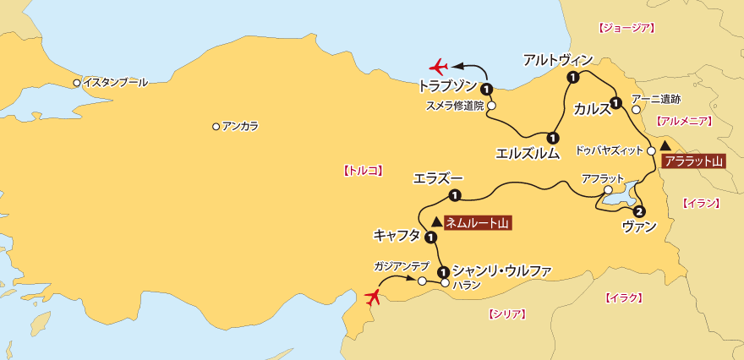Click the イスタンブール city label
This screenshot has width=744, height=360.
pos(114,83)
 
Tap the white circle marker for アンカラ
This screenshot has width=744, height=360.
pos(216,127)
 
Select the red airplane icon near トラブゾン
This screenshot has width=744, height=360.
pos(439,65)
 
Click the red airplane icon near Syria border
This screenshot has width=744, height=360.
pos(372,296)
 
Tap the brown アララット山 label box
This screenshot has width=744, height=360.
pos(692,161)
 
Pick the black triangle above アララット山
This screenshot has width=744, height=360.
pos(666,146)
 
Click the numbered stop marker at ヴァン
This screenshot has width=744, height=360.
pos(639,211)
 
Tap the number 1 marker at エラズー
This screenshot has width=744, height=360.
pos(454,196)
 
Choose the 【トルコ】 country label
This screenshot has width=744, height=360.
pos(363,170)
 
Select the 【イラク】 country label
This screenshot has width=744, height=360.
pos(625,297)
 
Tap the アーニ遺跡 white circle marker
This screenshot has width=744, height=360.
pos(636,109)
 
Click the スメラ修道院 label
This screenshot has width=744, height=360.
pos(454,106)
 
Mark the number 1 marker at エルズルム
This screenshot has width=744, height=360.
pos(551,137)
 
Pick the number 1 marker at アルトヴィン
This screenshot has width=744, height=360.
pos(572,79)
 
